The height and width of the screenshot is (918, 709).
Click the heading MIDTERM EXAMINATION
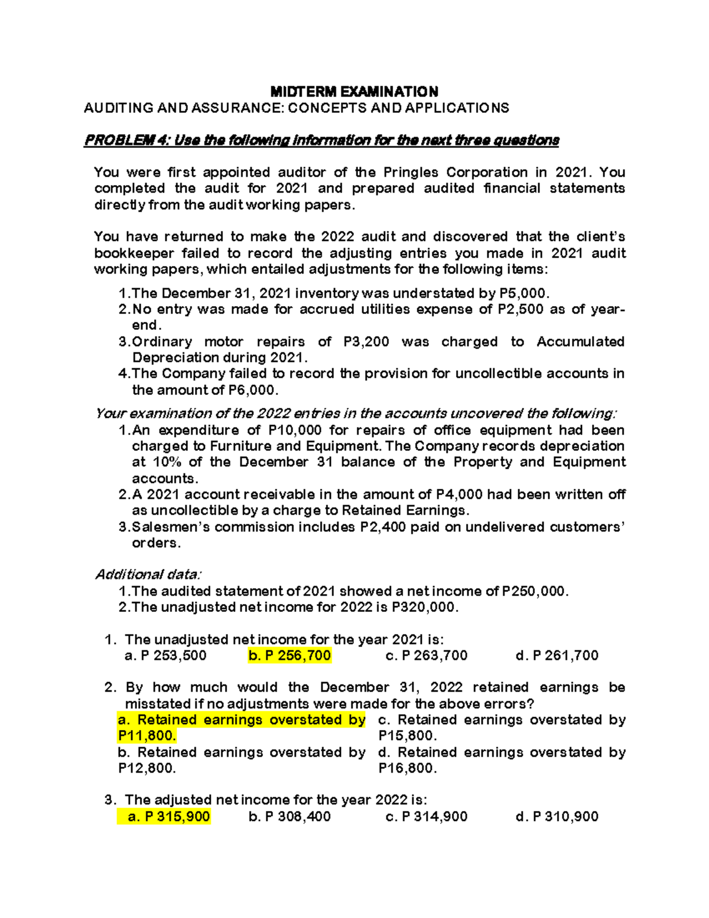(354, 92)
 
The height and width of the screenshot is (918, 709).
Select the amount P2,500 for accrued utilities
(520, 309)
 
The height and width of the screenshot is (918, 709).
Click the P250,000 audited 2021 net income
(534, 591)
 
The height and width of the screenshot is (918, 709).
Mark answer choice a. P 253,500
(166, 656)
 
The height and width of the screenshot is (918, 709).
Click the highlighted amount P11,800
(147, 736)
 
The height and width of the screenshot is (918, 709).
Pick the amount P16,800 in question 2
(407, 768)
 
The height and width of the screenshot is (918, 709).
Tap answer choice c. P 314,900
(426, 817)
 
